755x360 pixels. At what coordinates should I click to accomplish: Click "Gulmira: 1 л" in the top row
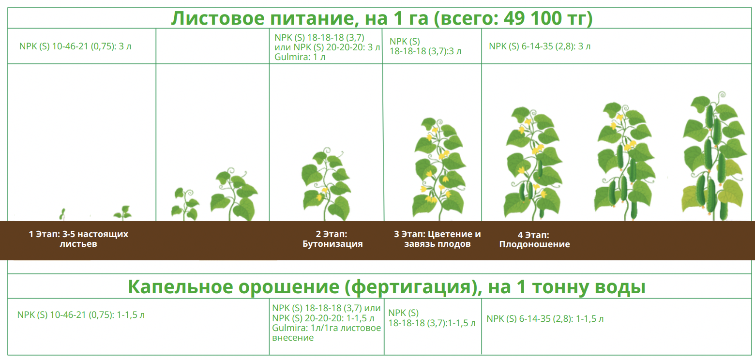[x=300, y=57]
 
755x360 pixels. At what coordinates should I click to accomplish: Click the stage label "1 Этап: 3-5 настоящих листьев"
[x=78, y=239]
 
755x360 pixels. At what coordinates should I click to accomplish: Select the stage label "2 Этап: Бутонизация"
[x=332, y=239]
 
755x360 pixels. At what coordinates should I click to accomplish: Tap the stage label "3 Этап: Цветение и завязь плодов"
[x=438, y=239]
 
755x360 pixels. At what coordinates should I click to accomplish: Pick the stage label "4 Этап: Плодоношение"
[x=535, y=240]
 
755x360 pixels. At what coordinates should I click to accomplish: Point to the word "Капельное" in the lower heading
[x=181, y=287]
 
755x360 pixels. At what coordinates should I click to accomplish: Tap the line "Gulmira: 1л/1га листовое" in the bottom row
[x=326, y=328]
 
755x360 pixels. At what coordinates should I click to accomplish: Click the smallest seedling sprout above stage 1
[x=62, y=214]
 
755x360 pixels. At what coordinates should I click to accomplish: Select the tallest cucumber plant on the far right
[x=713, y=156]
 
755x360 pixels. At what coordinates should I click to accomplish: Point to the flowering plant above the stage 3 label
[x=439, y=168]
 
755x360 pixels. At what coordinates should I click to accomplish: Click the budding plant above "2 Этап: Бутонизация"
[x=326, y=184]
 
